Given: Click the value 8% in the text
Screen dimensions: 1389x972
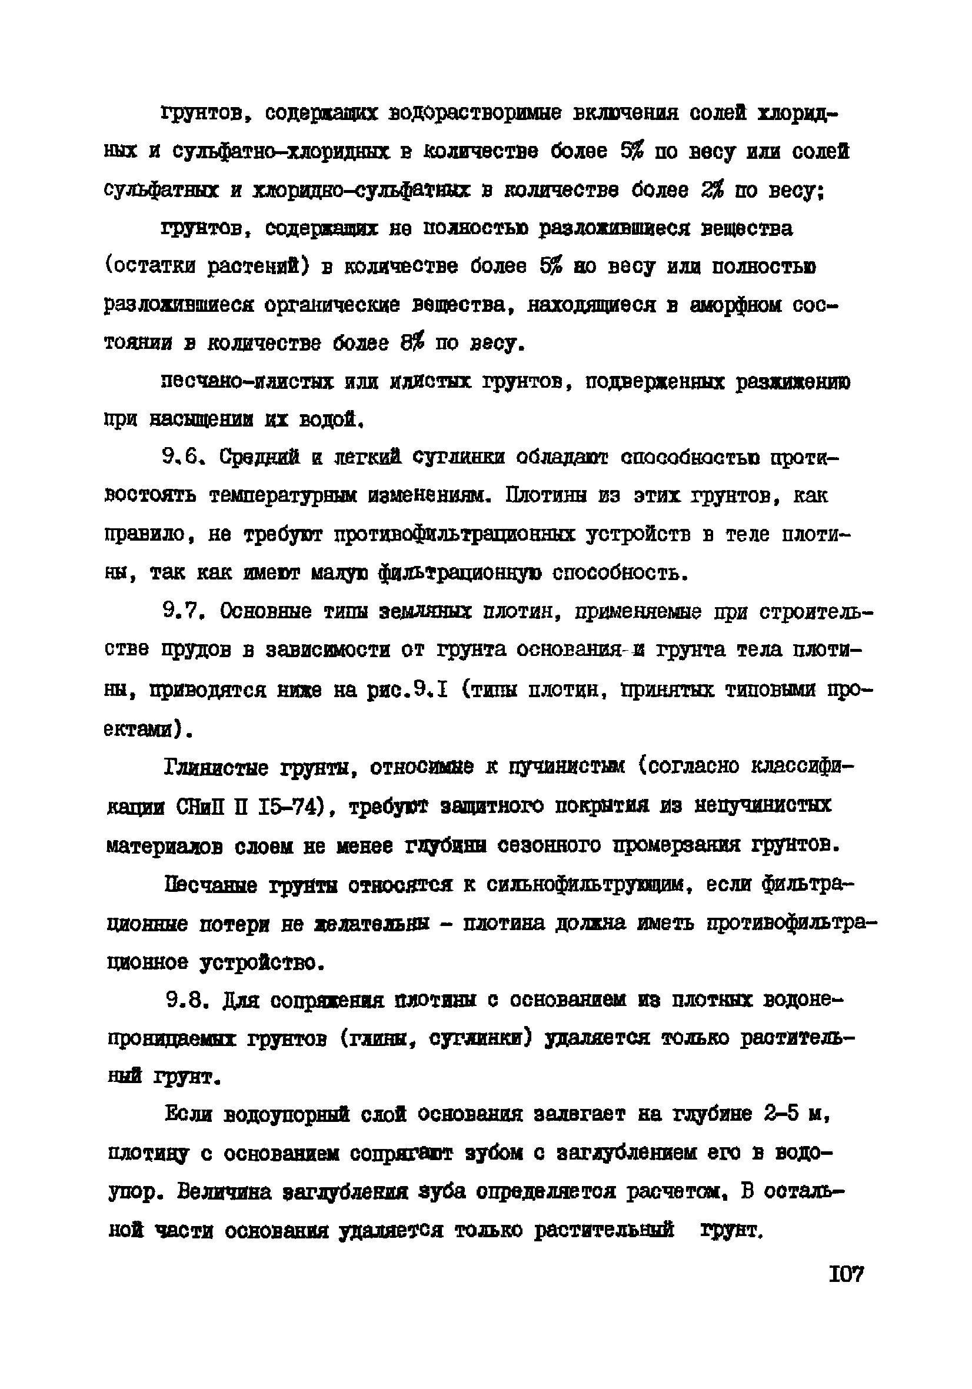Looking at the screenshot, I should point(412,343).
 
